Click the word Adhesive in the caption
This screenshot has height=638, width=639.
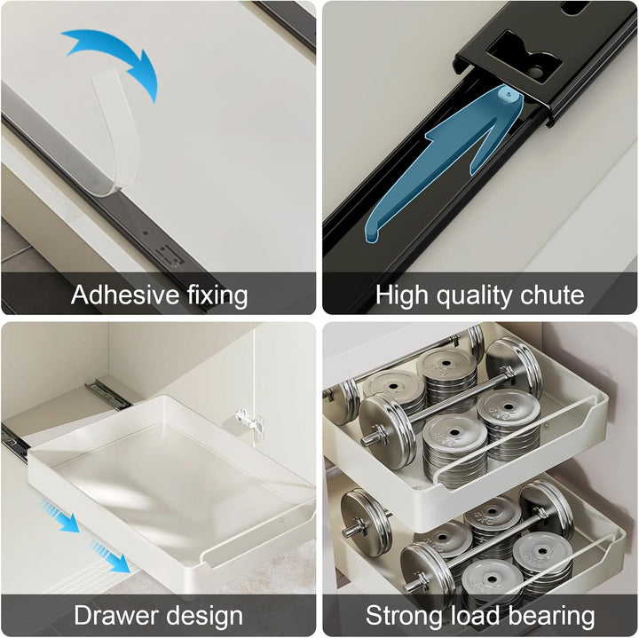tap(125, 294)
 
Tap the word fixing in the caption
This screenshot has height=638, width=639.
tap(217, 295)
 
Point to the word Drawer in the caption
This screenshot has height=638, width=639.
tap(117, 615)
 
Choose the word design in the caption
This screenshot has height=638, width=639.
tap(205, 617)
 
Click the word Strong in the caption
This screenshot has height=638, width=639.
tap(404, 617)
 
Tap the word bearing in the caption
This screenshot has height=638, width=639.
tap(552, 617)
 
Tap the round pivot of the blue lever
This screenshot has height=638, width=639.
tap(509, 95)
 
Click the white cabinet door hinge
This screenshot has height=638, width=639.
tap(249, 422)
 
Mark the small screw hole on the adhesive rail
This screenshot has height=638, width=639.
tap(146, 234)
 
